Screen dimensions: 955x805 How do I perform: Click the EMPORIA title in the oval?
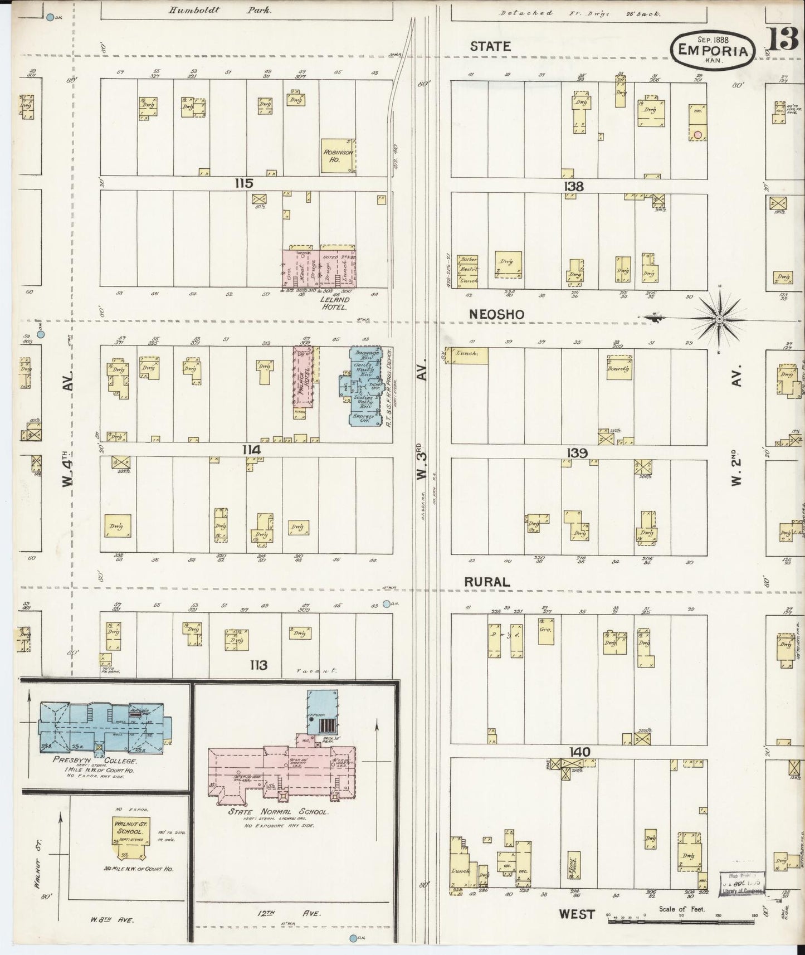(x=713, y=50)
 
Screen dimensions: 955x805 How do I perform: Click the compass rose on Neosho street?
(x=719, y=319)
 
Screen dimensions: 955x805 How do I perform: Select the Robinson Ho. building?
(x=339, y=155)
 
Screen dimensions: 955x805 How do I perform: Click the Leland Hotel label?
(x=334, y=303)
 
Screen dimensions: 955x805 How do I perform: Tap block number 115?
(x=243, y=183)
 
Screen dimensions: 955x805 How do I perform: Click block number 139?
(x=577, y=453)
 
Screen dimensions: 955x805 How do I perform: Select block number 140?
(x=579, y=752)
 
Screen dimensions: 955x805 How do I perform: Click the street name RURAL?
(x=487, y=582)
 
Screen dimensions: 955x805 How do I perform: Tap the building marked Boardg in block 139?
(x=618, y=368)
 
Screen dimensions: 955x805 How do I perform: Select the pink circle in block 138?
(x=697, y=134)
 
